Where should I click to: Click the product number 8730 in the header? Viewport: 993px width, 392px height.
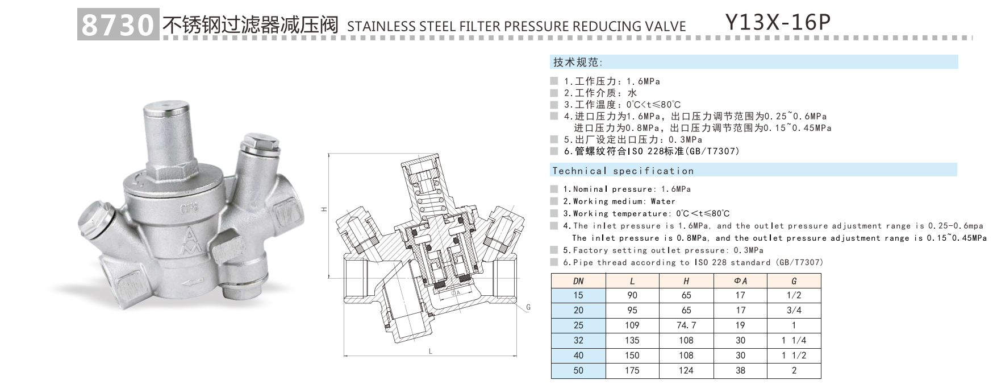tap(118, 25)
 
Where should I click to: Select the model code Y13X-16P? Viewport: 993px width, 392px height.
tap(778, 23)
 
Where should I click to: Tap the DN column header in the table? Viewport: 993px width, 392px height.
tap(578, 281)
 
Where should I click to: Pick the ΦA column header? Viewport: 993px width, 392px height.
tap(740, 281)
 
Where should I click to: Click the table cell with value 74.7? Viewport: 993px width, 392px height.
tap(686, 325)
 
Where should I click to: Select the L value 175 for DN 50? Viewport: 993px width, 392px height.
tap(632, 370)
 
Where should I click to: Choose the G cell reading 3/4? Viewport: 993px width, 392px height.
tap(794, 310)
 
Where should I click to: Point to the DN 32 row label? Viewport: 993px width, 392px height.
tap(578, 340)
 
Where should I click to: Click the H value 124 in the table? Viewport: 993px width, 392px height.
tap(686, 370)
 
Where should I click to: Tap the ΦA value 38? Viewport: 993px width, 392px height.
tap(740, 370)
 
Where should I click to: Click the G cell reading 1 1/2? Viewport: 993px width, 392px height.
tap(794, 356)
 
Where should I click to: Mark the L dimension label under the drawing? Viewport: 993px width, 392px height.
tap(431, 352)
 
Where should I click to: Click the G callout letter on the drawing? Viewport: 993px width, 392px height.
tap(528, 307)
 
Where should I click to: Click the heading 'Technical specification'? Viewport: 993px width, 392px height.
tap(623, 171)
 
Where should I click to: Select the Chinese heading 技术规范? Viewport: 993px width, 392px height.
tap(577, 63)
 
